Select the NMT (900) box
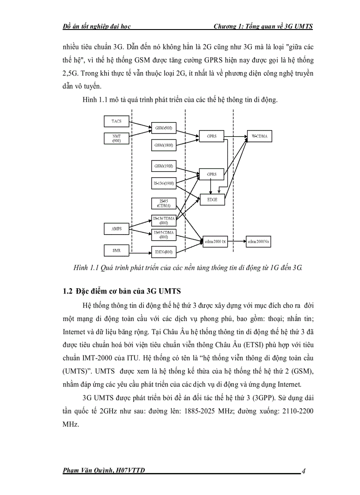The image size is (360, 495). coord(116,138)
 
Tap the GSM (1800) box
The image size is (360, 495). coord(163,145)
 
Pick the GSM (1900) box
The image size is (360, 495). coord(163,166)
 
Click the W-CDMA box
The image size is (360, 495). coord(259,137)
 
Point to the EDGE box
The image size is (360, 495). coord(212,199)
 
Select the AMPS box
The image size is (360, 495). coord(116,229)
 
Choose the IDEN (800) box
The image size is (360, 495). coord(163,252)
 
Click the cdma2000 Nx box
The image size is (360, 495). coord(259,242)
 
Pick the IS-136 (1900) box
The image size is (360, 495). coord(163,183)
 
